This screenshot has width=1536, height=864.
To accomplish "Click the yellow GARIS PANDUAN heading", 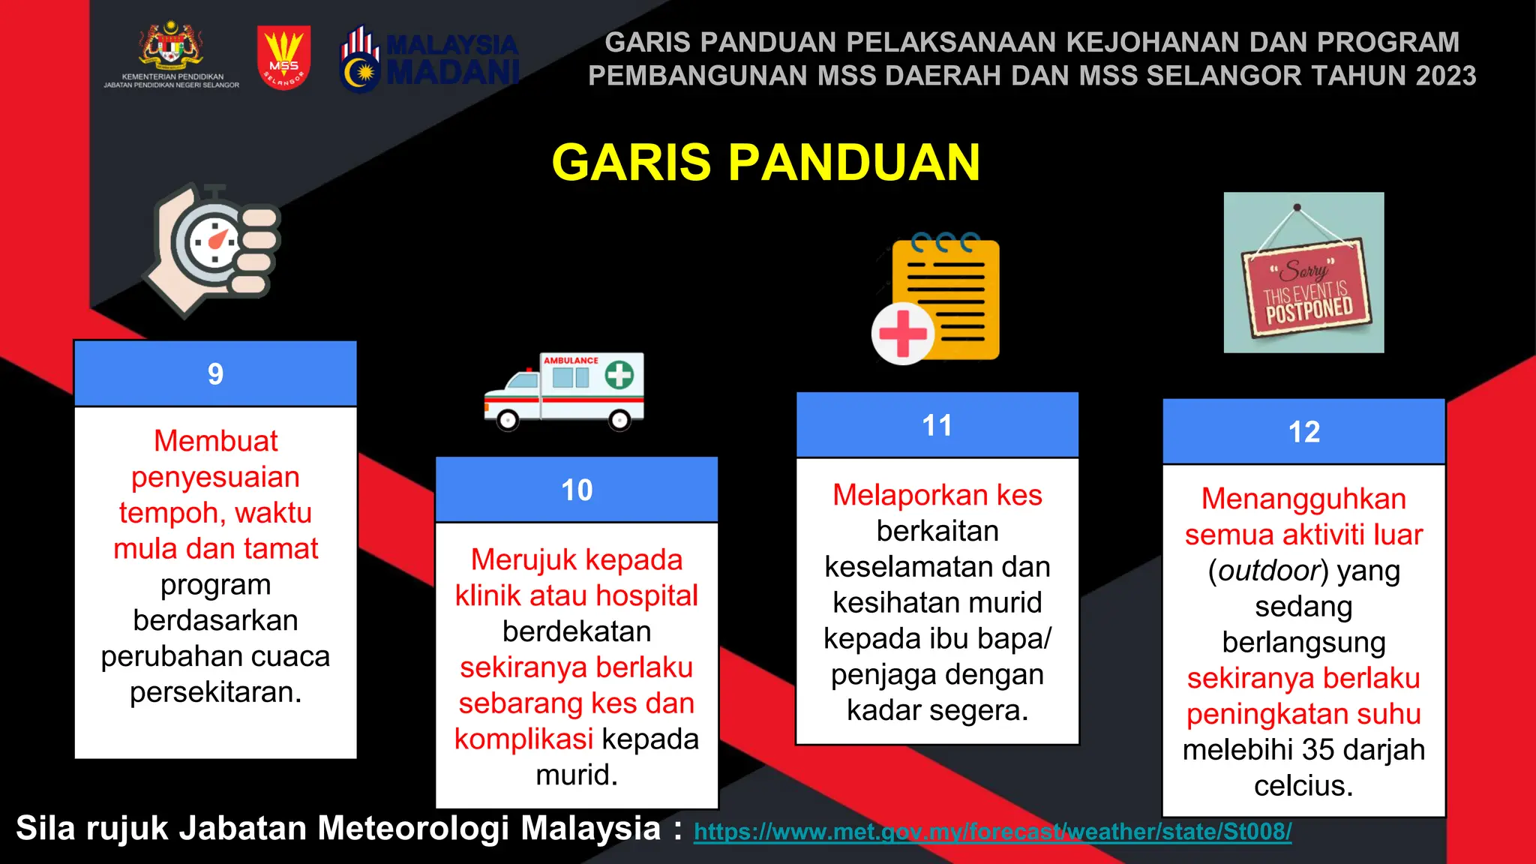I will [x=766, y=162].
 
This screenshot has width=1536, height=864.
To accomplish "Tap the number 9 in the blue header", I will [x=215, y=373].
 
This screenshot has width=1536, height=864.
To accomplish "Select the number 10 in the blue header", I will [x=577, y=490].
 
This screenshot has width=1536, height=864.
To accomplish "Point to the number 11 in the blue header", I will [x=937, y=425].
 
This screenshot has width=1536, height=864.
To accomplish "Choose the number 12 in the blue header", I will [x=1303, y=432].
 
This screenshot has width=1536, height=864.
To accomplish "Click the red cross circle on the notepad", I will [x=902, y=334].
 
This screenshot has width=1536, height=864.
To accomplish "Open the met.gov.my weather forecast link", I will [x=992, y=832].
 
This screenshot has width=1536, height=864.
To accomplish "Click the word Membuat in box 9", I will [x=215, y=441].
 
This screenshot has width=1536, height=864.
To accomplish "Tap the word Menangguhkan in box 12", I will [x=1303, y=499].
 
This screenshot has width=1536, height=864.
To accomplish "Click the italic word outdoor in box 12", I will [x=1268, y=571].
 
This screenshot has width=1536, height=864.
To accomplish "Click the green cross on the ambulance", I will [x=619, y=374].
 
